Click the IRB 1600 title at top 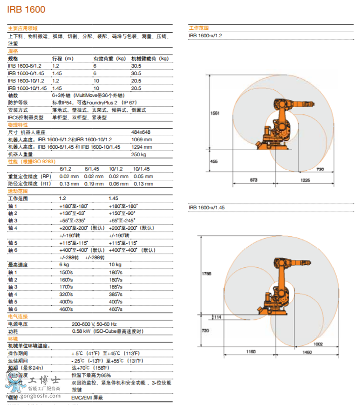click(26, 9)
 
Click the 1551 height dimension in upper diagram click(215, 113)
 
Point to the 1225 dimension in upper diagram click(305, 179)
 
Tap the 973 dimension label click(253, 179)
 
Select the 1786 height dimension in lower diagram click(206, 274)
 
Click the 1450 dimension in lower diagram click(307, 352)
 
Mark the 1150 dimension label click(251, 352)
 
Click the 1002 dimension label click(318, 344)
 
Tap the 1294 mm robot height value click(142, 147)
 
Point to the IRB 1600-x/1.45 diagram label click(206, 207)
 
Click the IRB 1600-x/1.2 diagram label click(205, 35)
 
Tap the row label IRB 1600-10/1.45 click(27, 88)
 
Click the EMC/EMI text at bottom click(87, 398)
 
